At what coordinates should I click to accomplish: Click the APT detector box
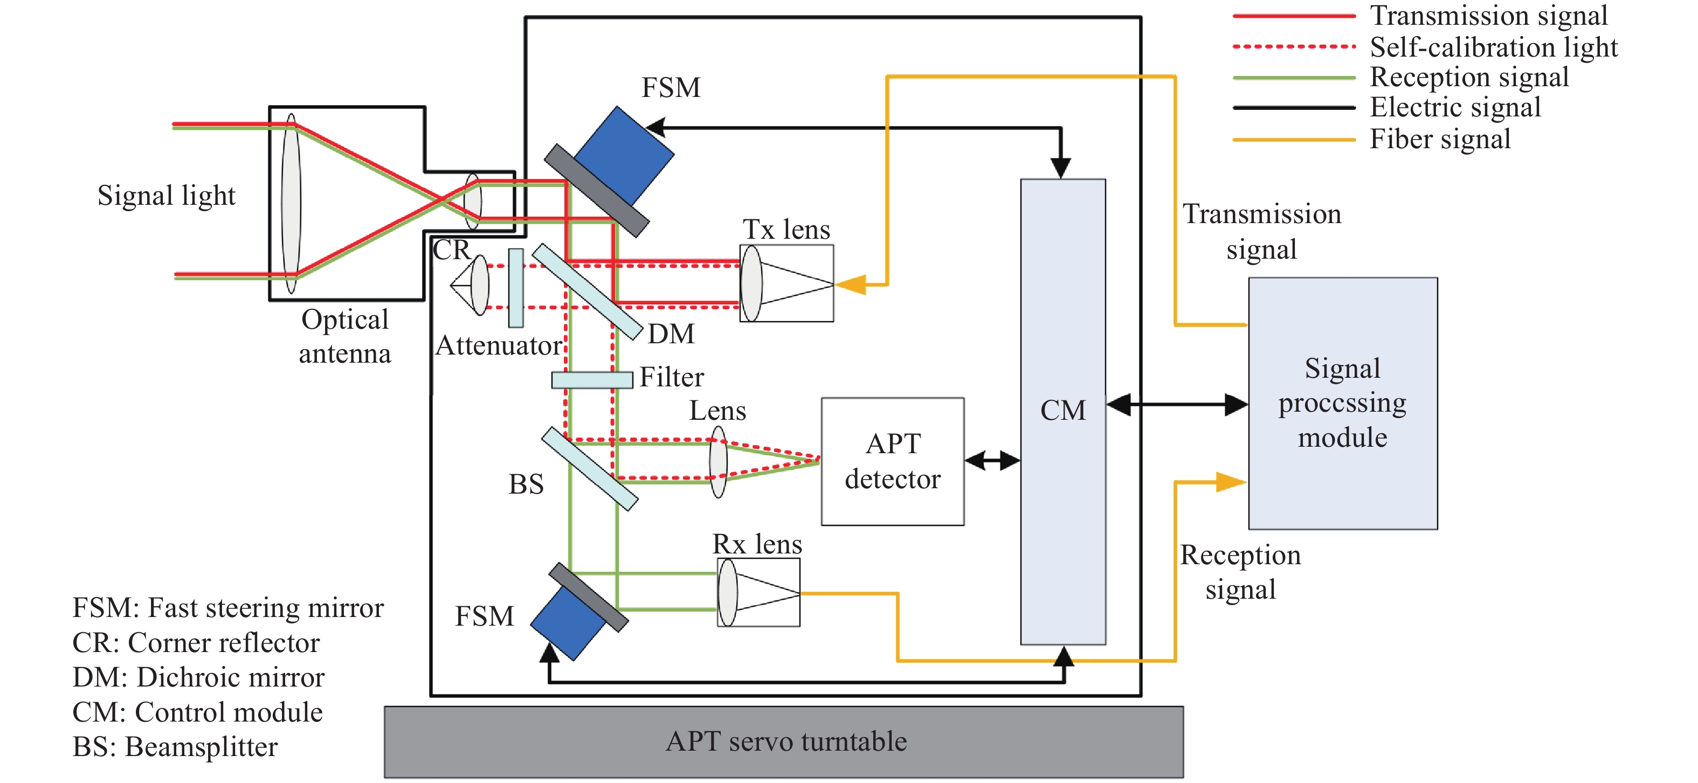point(893,461)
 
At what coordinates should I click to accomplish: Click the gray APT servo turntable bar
point(784,742)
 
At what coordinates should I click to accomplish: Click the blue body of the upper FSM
point(626,155)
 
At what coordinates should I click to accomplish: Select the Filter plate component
point(592,379)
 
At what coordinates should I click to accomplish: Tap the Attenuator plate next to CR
point(516,287)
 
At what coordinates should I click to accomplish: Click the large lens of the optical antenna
point(291,203)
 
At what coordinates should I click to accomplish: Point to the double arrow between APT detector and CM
point(992,460)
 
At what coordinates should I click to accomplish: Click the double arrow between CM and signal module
point(1177,405)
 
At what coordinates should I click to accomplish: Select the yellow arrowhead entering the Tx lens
point(852,285)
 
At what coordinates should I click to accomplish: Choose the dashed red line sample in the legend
point(1293,47)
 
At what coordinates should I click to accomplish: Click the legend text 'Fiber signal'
point(1440,139)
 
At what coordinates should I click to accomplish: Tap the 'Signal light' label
point(166,196)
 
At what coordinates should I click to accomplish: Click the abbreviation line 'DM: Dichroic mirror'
point(198,677)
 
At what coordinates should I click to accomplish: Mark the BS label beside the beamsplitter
point(526,484)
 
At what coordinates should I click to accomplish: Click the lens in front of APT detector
point(718,461)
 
